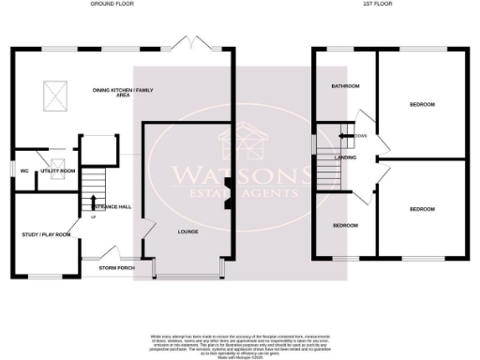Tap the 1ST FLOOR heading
[x=378, y=5]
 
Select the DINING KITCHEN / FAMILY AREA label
[x=123, y=93]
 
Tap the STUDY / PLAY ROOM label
[x=47, y=233]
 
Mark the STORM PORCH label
[x=117, y=268]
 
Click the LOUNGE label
[x=188, y=230]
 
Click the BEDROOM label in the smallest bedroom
[x=345, y=225]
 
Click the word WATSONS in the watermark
[x=240, y=174]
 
